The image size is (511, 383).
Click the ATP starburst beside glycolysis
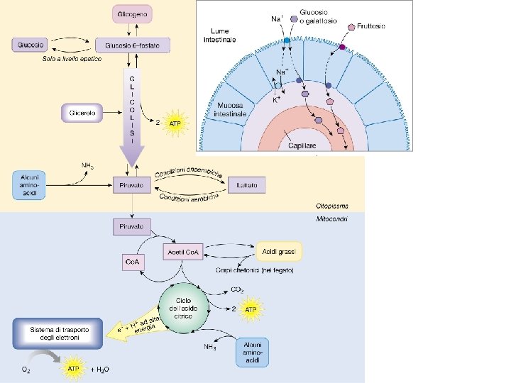coord(174,125)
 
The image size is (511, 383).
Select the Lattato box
coord(246,185)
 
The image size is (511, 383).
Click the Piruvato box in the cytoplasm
coord(133,185)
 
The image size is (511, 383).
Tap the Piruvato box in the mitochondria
coord(133,226)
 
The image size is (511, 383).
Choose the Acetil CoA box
coord(183,251)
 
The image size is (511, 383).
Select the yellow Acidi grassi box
coord(280,251)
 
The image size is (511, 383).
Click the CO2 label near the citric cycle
coord(238,290)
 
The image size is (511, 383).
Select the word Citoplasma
coord(332,204)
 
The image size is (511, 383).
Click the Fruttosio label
coord(371,26)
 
